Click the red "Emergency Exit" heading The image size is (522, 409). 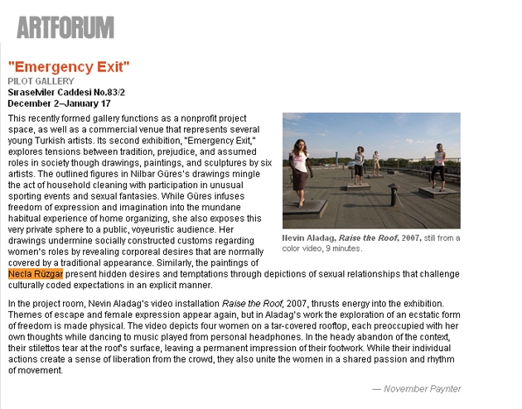69,67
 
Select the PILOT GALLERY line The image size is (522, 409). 41,81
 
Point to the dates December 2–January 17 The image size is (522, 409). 59,104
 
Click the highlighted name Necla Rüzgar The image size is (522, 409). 35,274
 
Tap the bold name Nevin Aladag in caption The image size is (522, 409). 309,238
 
